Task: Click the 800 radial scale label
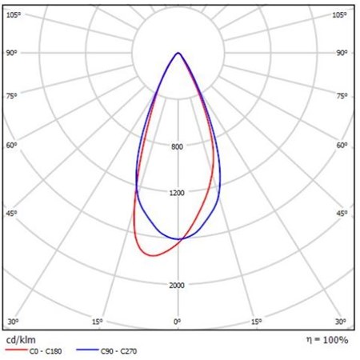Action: click(x=177, y=146)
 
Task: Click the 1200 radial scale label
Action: click(x=177, y=193)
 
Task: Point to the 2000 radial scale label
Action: click(x=177, y=286)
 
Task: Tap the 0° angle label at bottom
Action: click(x=178, y=322)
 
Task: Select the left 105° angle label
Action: click(x=14, y=15)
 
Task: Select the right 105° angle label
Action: click(x=339, y=15)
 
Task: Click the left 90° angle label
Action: click(x=11, y=53)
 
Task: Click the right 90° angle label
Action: click(x=342, y=53)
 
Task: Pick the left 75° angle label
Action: click(x=11, y=96)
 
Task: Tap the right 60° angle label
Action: click(x=342, y=146)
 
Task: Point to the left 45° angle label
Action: click(x=11, y=214)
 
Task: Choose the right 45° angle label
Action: click(x=342, y=214)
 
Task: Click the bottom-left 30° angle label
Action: click(x=13, y=322)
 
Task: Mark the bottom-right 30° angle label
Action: click(x=341, y=322)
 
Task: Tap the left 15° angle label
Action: click(x=98, y=322)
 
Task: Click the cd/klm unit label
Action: click(x=21, y=340)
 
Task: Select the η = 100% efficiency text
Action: click(x=327, y=340)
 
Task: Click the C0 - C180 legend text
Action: click(x=46, y=351)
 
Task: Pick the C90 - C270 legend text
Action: click(x=119, y=351)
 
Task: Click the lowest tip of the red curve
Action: click(x=154, y=256)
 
